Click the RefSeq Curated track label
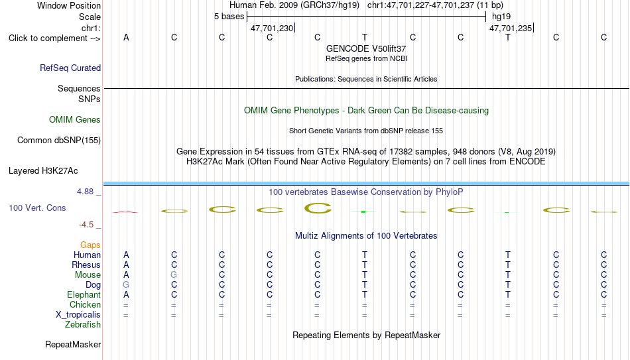pyautogui.click(x=70, y=68)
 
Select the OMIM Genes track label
pyautogui.click(x=75, y=120)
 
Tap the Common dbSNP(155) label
pyautogui.click(x=59, y=141)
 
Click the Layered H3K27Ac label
pyautogui.click(x=43, y=171)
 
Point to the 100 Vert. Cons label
pyautogui.click(x=37, y=208)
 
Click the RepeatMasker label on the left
pyautogui.click(x=73, y=344)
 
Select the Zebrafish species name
pyautogui.click(x=83, y=324)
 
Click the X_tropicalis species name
pyautogui.click(x=78, y=315)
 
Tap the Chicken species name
pyautogui.click(x=85, y=304)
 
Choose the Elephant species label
pyautogui.click(x=84, y=294)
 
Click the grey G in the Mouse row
pyautogui.click(x=174, y=275)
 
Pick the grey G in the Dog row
pyautogui.click(x=126, y=285)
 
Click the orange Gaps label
pyautogui.click(x=90, y=245)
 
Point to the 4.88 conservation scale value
pyautogui.click(x=85, y=192)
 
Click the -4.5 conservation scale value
pyautogui.click(x=86, y=225)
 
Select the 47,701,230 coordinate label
pyautogui.click(x=272, y=28)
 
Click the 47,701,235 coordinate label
pyautogui.click(x=511, y=28)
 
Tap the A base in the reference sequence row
pyautogui.click(x=126, y=37)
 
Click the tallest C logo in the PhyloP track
pyautogui.click(x=318, y=208)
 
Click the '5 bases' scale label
pyautogui.click(x=229, y=17)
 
